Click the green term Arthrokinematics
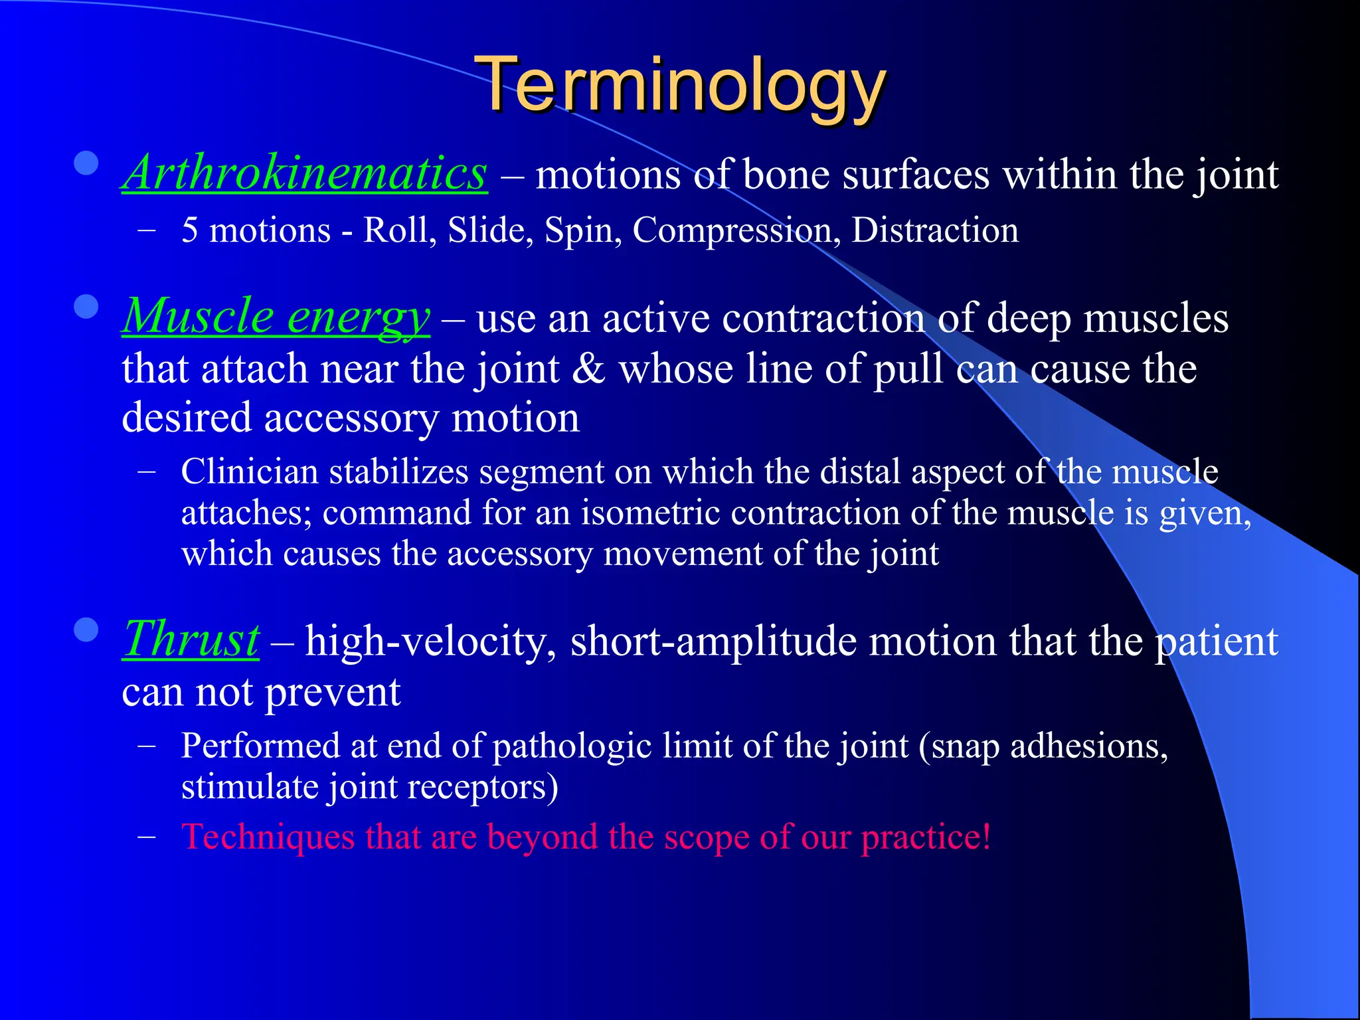click(305, 173)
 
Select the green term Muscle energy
click(276, 317)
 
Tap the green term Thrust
click(191, 639)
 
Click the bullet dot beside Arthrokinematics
click(86, 163)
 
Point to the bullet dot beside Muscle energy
click(86, 307)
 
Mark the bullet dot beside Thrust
click(86, 630)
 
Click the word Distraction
click(934, 230)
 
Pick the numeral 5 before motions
click(190, 230)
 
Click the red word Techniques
click(268, 837)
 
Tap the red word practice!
click(926, 837)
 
